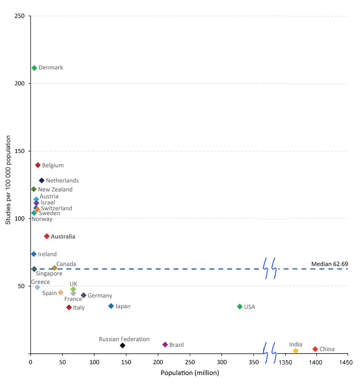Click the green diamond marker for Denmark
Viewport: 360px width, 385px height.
pos(34,68)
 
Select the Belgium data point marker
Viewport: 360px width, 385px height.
pos(38,165)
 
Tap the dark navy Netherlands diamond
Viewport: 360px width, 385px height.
pos(42,181)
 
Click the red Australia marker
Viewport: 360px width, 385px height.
pos(47,236)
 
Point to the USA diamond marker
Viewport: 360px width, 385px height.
pos(240,307)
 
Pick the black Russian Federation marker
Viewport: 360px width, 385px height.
pos(122,345)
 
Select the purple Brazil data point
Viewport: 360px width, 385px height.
pos(165,345)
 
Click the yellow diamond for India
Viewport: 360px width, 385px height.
pos(296,351)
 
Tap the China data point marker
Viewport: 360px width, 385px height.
pos(315,349)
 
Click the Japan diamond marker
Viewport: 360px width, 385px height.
pos(111,306)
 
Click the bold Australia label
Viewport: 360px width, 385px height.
pos(63,237)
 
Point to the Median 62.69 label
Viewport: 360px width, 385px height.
pos(329,264)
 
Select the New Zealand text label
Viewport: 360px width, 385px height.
pos(55,190)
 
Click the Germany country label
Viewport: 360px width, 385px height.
pos(100,296)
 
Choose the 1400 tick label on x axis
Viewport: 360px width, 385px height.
pos(316,361)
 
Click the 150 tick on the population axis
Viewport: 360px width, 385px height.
pos(127,361)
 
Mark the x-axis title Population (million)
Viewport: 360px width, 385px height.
pos(189,373)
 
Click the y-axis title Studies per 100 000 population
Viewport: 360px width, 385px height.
pos(8,185)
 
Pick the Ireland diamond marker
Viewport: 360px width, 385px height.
pos(34,254)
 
